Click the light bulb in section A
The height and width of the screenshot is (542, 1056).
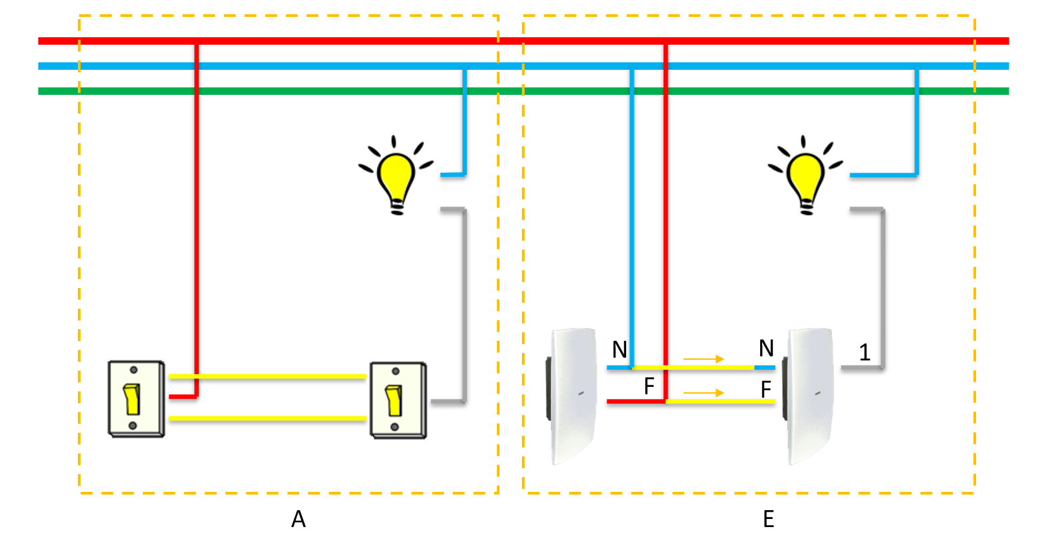(396, 178)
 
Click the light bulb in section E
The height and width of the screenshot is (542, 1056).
(806, 178)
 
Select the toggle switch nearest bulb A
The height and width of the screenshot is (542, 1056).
(398, 400)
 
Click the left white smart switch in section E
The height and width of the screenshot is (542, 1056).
(573, 396)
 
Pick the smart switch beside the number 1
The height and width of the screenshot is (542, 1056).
(810, 396)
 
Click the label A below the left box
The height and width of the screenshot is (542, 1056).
(299, 519)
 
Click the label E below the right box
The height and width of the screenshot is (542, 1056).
(768, 519)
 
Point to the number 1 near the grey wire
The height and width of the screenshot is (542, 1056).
(864, 352)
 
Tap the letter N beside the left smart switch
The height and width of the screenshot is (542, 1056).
(619, 350)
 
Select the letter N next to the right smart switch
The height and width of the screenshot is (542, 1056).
(766, 348)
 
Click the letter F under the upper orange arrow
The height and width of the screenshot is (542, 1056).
(649, 386)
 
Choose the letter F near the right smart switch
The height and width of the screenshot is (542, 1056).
(766, 389)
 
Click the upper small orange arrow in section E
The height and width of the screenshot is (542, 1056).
(704, 359)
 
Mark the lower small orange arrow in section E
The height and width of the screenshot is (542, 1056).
(704, 393)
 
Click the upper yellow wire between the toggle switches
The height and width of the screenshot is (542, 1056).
(267, 376)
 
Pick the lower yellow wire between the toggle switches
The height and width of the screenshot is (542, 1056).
(267, 419)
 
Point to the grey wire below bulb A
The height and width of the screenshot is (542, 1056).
(464, 305)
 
